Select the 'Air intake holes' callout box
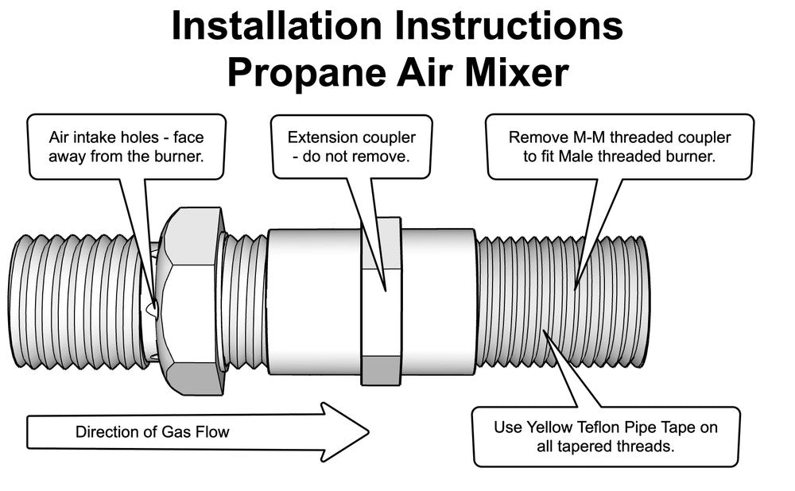(126, 146)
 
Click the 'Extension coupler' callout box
(351, 146)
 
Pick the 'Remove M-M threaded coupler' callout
(619, 146)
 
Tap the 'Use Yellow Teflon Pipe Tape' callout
(606, 436)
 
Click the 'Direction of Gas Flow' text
(152, 432)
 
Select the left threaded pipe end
(76, 302)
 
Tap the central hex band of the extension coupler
(381, 302)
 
